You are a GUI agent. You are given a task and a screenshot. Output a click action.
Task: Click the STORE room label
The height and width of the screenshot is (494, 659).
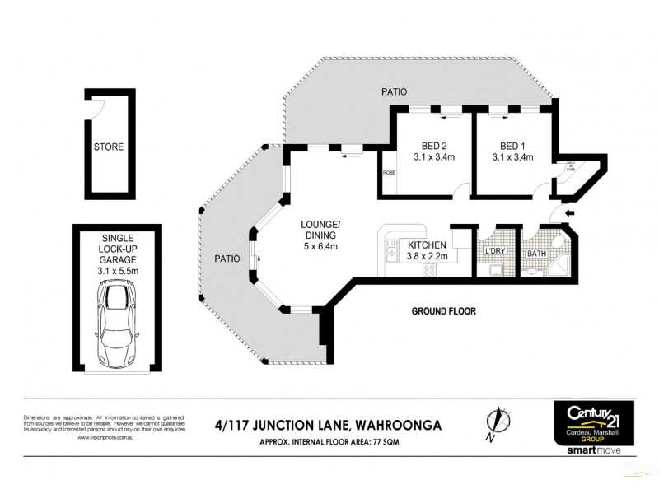pos(108,147)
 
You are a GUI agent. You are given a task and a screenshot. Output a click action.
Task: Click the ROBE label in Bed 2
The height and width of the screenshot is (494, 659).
pos(389,173)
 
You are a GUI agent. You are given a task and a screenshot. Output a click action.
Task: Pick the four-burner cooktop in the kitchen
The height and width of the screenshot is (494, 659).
pos(430,269)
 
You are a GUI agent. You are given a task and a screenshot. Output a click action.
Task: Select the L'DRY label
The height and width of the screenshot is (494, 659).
pos(495,250)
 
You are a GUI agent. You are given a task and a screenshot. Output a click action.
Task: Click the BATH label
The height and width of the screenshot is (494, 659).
pos(537,254)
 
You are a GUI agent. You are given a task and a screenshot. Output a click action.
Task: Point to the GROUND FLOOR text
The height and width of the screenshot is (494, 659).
pos(445,311)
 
